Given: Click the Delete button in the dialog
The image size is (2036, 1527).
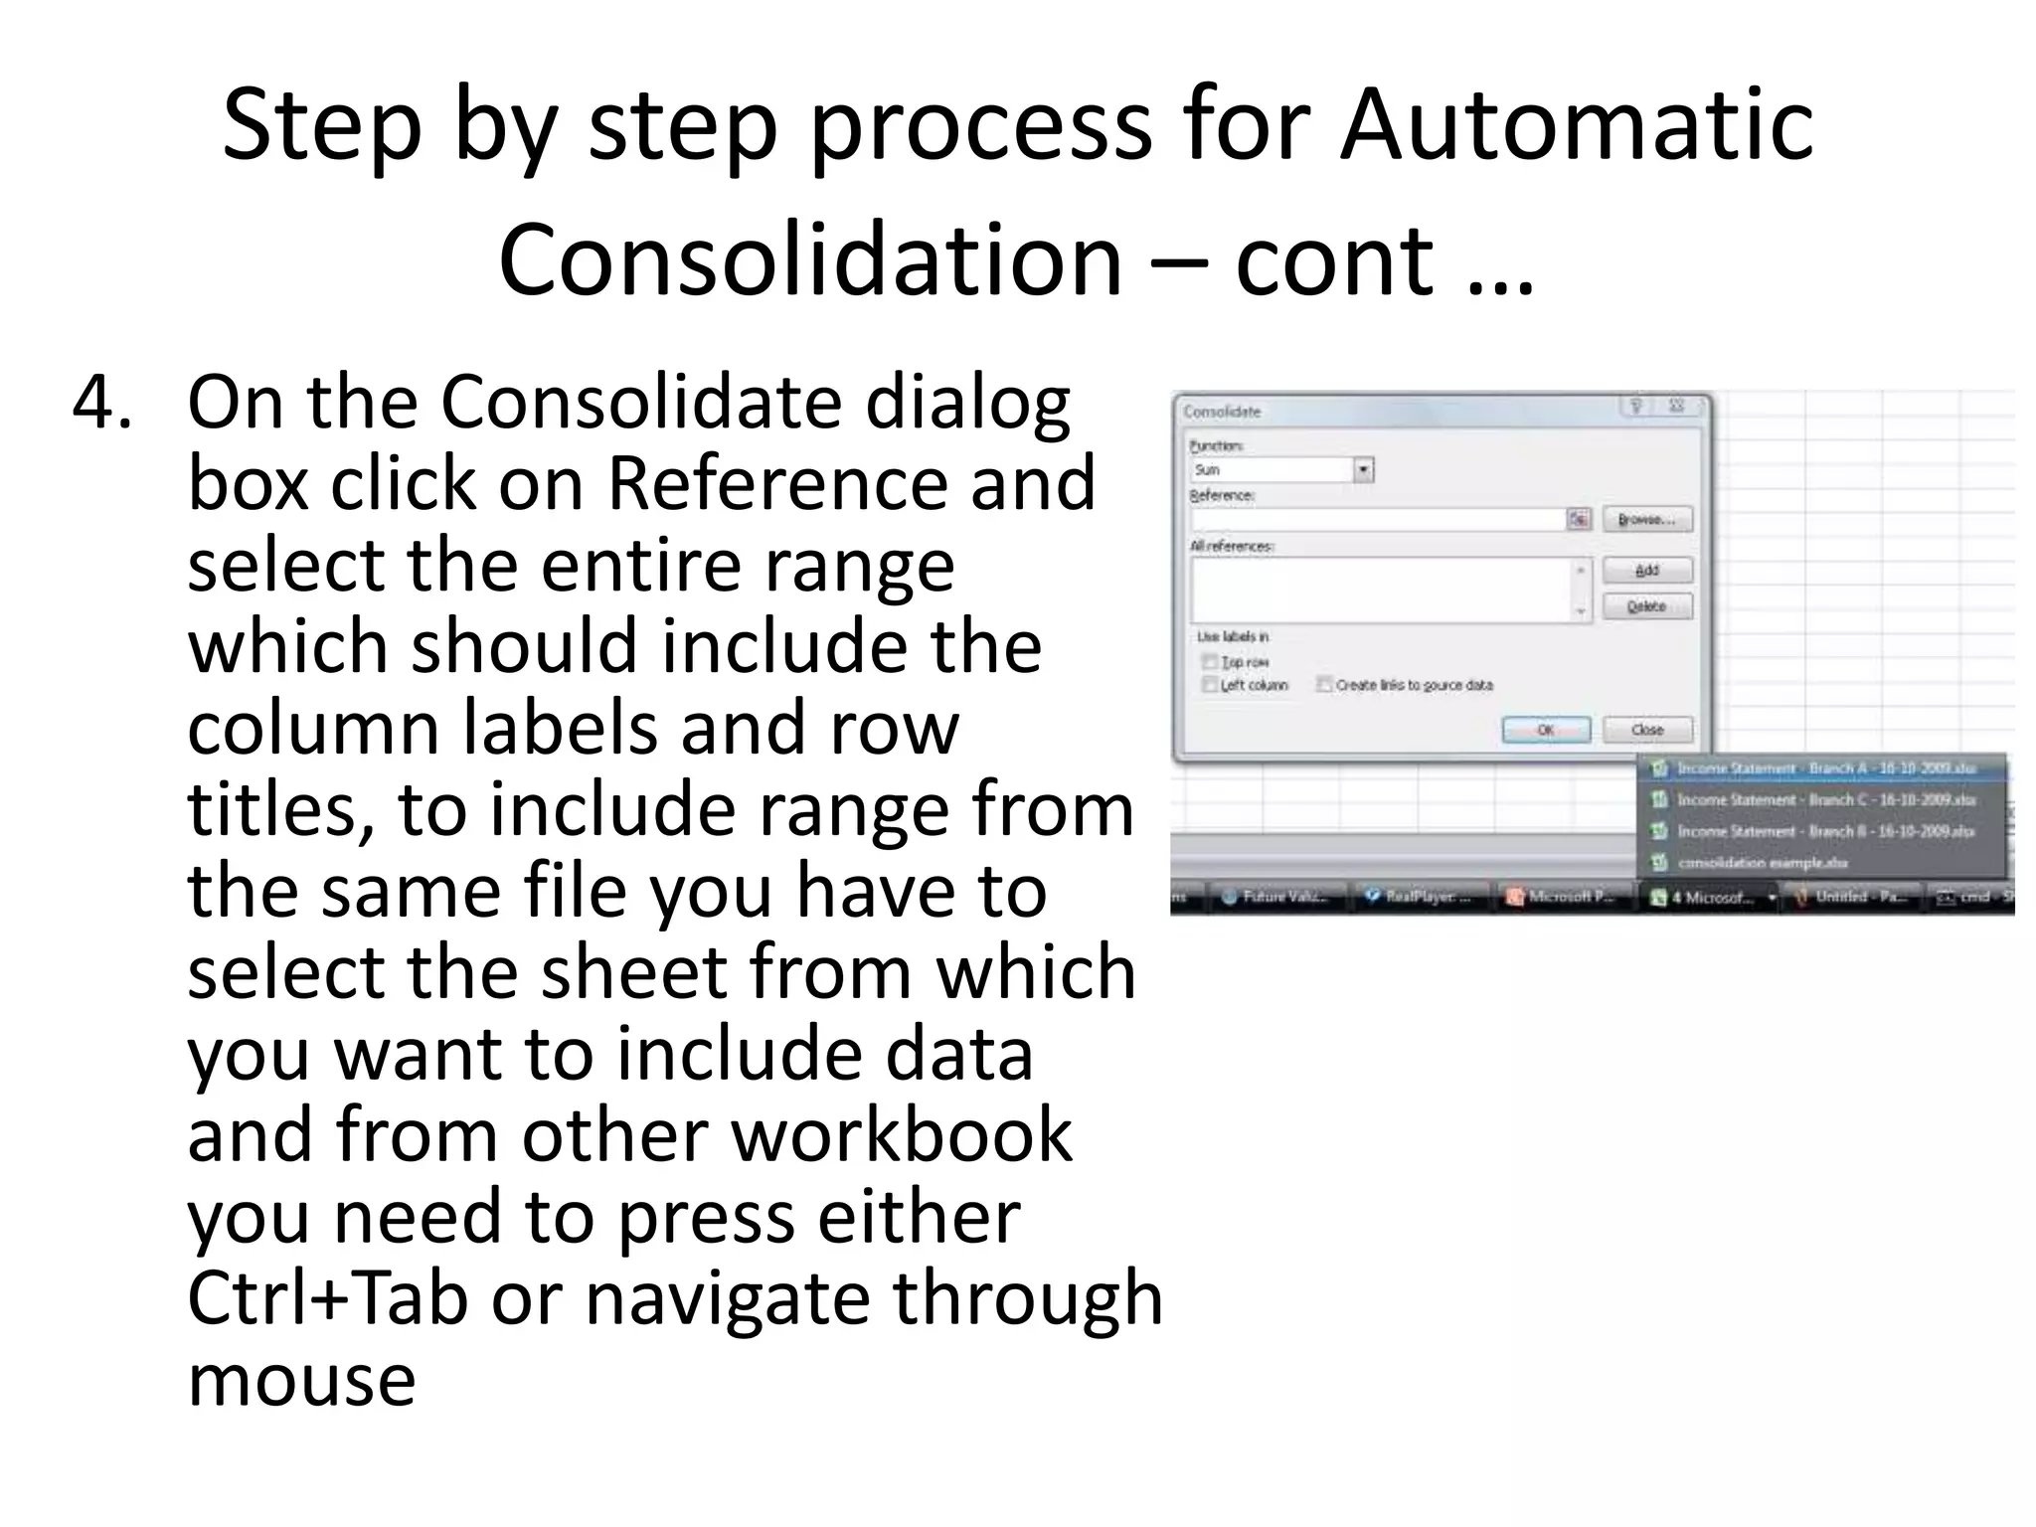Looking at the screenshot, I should [1646, 606].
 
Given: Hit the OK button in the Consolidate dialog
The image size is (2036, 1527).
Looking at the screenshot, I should [1546, 730].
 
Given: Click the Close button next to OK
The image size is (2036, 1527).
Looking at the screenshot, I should [1646, 730].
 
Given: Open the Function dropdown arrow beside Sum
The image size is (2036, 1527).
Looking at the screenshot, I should [1363, 470].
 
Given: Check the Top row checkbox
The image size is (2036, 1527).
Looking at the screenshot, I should [1210, 662].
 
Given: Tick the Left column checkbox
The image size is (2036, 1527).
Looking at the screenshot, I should [1210, 685].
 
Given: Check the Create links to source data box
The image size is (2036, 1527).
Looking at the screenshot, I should [1324, 685].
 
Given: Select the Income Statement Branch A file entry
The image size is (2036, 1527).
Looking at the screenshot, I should [1824, 768].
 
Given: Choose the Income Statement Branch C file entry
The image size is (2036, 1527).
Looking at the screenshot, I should [1824, 800].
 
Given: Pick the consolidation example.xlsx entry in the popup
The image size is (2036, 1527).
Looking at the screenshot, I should [1762, 863].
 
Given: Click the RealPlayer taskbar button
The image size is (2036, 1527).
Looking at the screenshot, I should [1422, 897].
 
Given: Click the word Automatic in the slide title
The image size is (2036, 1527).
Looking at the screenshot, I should [1576, 124].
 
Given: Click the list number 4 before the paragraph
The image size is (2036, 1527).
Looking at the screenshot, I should [101, 402].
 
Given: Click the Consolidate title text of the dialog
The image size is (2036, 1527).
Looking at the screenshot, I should [1222, 412].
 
